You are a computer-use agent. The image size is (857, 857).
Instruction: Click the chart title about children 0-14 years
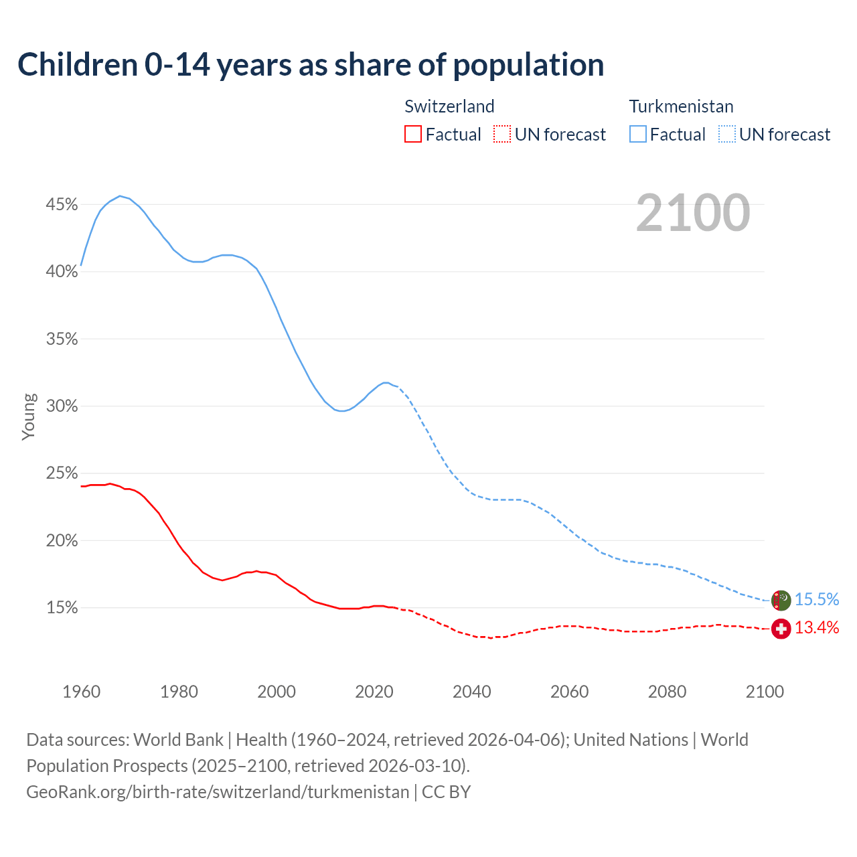coord(311,65)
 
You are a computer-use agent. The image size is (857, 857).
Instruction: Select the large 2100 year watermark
coord(693,213)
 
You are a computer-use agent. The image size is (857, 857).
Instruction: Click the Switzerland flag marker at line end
coord(781,629)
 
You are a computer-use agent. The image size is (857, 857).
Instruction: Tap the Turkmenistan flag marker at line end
coord(781,600)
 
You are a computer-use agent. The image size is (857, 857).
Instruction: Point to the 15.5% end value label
coord(817,599)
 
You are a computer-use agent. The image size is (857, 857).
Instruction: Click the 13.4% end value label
coord(817,627)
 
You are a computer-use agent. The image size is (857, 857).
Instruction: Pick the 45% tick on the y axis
coord(62,204)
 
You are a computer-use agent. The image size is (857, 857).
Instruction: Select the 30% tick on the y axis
coord(62,406)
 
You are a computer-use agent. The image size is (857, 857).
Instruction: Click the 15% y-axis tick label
coord(62,608)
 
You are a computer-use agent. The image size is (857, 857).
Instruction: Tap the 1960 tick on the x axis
coord(81,692)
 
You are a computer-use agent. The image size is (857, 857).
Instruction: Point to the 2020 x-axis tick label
coord(374,692)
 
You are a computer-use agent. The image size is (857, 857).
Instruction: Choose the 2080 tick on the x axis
coord(667,692)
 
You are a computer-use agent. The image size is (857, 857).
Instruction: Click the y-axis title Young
coord(29,416)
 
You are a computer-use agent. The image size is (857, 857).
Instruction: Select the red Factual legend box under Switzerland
coord(413,135)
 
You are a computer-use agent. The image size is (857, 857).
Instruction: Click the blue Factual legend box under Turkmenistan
coord(637,135)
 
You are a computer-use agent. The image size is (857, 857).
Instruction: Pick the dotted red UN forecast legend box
coord(502,135)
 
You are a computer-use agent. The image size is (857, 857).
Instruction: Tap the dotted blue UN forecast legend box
coord(726,135)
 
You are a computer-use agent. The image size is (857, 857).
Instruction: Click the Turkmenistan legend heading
coord(681,106)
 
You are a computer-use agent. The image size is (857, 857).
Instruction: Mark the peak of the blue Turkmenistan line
coord(120,196)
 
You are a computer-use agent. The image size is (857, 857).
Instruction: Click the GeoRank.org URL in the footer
coord(218,791)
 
